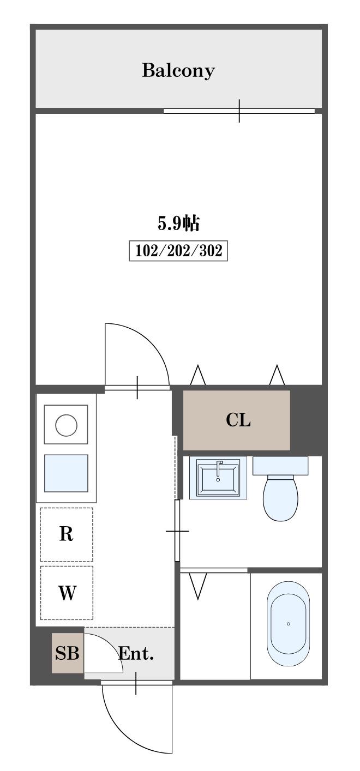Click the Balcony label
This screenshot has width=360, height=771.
(x=178, y=70)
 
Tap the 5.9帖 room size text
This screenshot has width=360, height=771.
(x=178, y=224)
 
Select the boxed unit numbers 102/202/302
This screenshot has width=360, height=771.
(x=178, y=251)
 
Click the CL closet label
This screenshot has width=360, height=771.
(x=238, y=420)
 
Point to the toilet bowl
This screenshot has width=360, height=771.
(x=280, y=497)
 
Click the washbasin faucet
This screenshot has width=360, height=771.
(x=219, y=469)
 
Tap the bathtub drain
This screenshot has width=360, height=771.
(x=289, y=624)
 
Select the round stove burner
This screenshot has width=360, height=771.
(x=66, y=425)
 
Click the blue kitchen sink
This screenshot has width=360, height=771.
(x=66, y=473)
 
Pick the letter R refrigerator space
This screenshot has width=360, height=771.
(x=66, y=534)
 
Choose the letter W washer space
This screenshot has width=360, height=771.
(x=67, y=592)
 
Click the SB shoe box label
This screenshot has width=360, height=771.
(x=67, y=653)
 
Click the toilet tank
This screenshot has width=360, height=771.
(x=280, y=466)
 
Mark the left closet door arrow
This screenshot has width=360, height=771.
(x=198, y=375)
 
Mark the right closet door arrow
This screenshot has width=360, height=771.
(x=277, y=375)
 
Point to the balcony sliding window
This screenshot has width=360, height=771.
(x=239, y=111)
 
